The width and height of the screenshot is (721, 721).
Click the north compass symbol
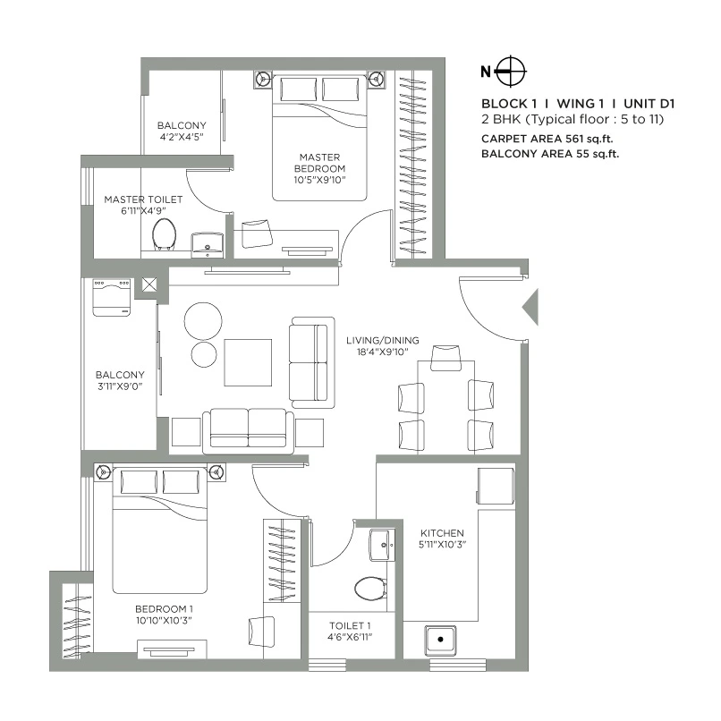(511, 71)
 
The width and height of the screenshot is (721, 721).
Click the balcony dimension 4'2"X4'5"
(182, 137)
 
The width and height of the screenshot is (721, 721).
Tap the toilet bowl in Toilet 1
(369, 588)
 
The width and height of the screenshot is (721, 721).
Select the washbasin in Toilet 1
(379, 542)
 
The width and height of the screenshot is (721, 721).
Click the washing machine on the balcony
(111, 298)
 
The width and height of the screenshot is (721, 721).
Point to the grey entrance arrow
(530, 307)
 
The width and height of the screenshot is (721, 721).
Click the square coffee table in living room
(248, 362)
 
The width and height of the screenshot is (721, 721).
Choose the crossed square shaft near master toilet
(147, 287)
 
